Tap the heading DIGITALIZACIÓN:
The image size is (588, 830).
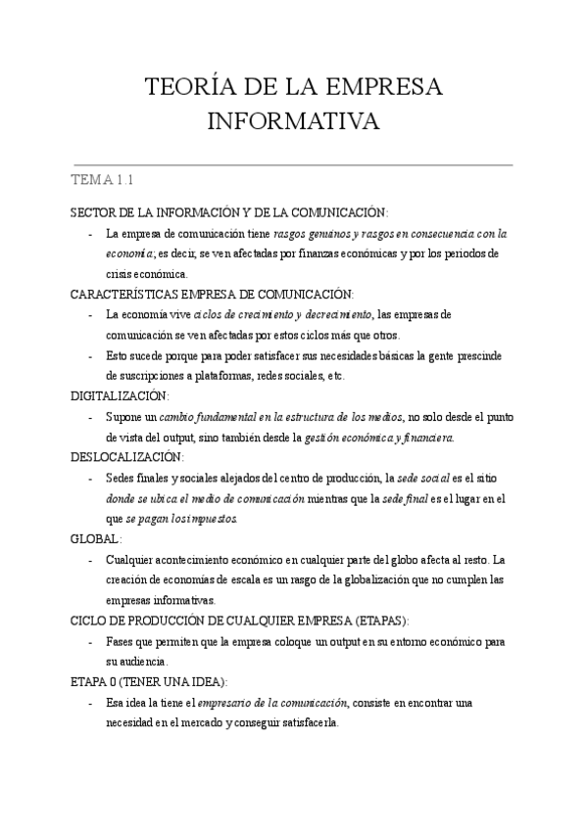coord(120,397)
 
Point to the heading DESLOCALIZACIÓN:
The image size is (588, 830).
coord(126,457)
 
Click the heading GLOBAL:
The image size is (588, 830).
coord(96,539)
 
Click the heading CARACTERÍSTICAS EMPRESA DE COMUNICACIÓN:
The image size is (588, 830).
coord(213,295)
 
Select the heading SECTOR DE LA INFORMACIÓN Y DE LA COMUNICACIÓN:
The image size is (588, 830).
coord(229,213)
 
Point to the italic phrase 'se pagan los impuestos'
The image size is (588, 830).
coord(181,519)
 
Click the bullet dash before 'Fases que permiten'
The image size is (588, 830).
coord(90,642)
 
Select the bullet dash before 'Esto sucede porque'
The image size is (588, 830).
coord(90,356)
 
